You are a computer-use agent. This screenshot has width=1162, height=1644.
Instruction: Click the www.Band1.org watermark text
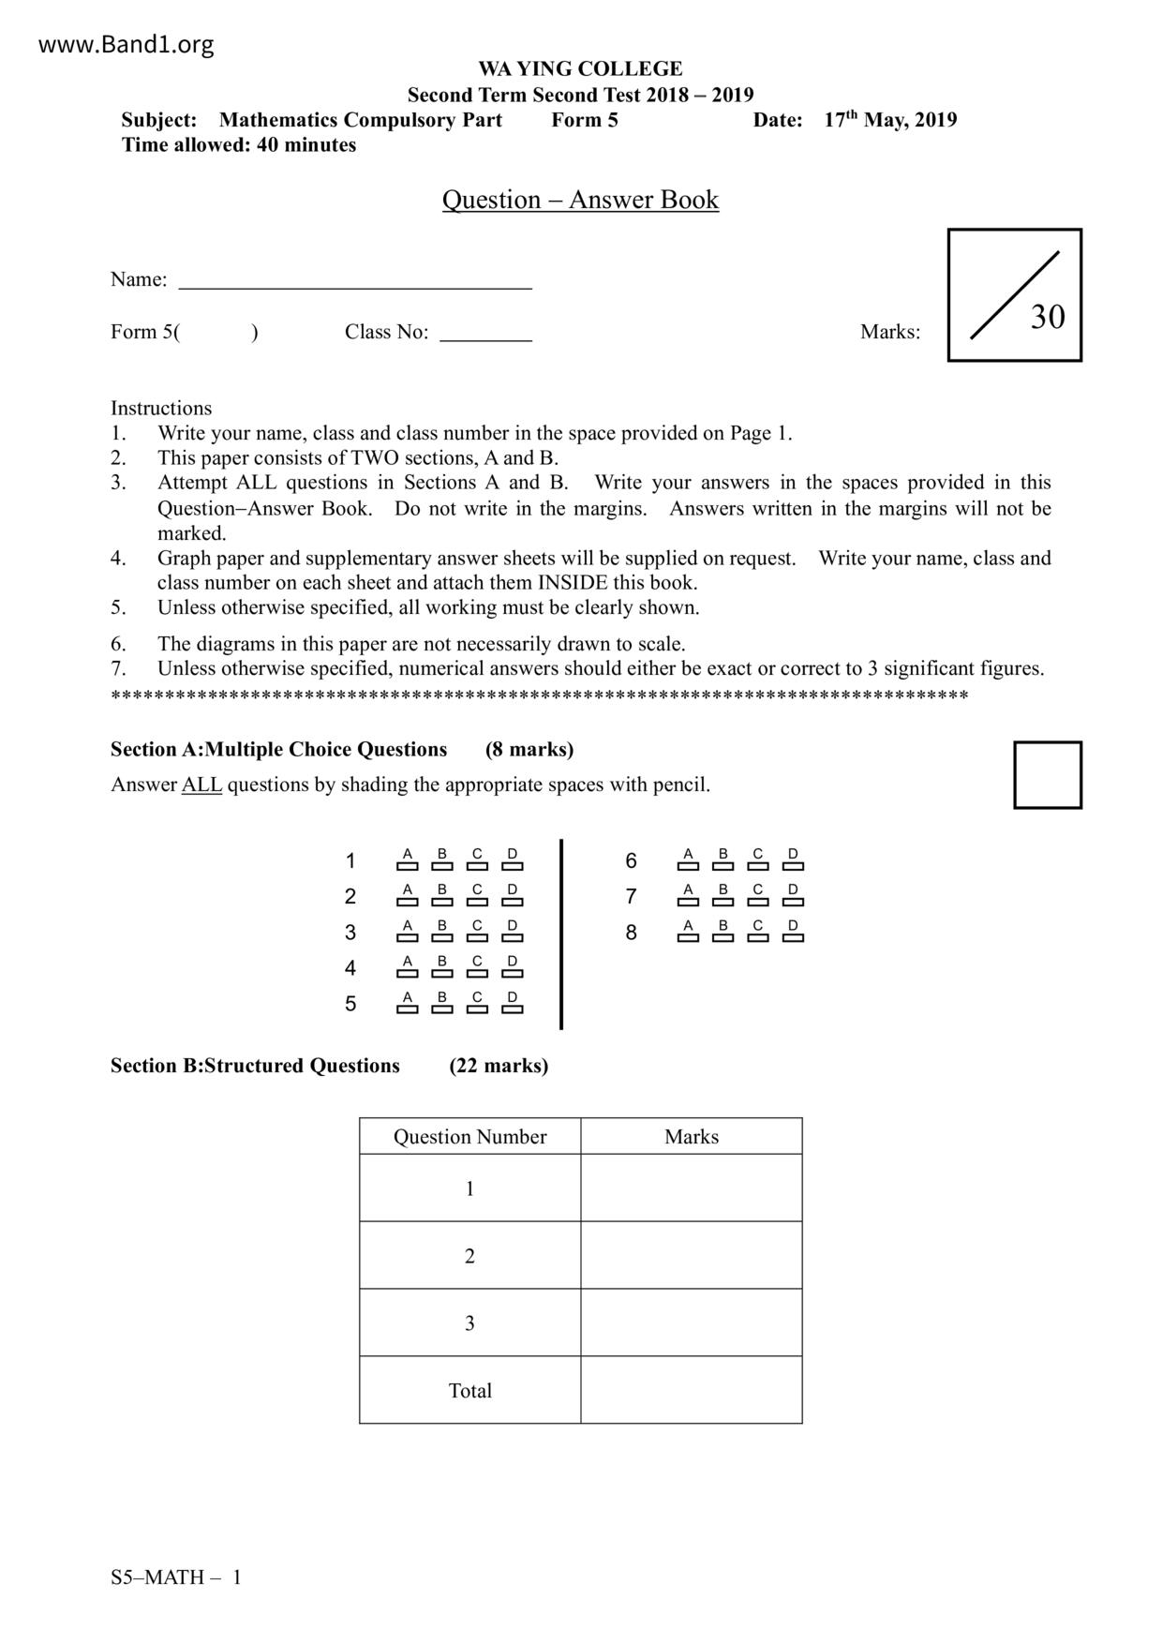click(x=126, y=44)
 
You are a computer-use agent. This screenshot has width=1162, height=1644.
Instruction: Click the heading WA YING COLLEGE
click(x=580, y=68)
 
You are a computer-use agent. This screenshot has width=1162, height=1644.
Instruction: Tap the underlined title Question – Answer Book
click(x=580, y=200)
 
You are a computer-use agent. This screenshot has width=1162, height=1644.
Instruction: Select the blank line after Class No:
click(x=485, y=335)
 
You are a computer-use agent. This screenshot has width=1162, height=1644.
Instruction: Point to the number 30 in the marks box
click(x=1047, y=317)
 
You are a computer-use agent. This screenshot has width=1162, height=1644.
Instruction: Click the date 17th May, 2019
click(x=890, y=120)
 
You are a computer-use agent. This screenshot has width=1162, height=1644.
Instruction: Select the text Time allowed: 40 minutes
click(x=239, y=145)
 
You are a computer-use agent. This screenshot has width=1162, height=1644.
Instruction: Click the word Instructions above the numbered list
click(x=161, y=408)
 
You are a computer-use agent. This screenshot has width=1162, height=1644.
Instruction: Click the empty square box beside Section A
click(x=1047, y=774)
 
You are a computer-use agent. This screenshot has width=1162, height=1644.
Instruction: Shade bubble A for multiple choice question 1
click(x=407, y=866)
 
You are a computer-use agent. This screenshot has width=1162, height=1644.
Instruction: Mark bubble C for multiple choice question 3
click(x=477, y=937)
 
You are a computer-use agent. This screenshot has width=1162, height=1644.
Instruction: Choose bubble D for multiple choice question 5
click(x=512, y=1009)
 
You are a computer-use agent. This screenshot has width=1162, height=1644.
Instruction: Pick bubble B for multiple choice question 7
click(x=723, y=902)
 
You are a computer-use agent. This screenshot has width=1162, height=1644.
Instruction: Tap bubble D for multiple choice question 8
click(x=793, y=937)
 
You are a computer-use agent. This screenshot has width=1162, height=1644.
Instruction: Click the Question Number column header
click(x=469, y=1137)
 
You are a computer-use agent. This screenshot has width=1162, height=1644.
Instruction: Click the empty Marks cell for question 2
click(x=691, y=1255)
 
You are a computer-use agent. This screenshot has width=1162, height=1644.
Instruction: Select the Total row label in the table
click(x=469, y=1390)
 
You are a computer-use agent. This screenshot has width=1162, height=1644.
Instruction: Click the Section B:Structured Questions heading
click(x=255, y=1066)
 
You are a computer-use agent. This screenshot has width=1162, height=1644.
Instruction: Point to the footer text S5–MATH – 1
click(x=176, y=1577)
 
